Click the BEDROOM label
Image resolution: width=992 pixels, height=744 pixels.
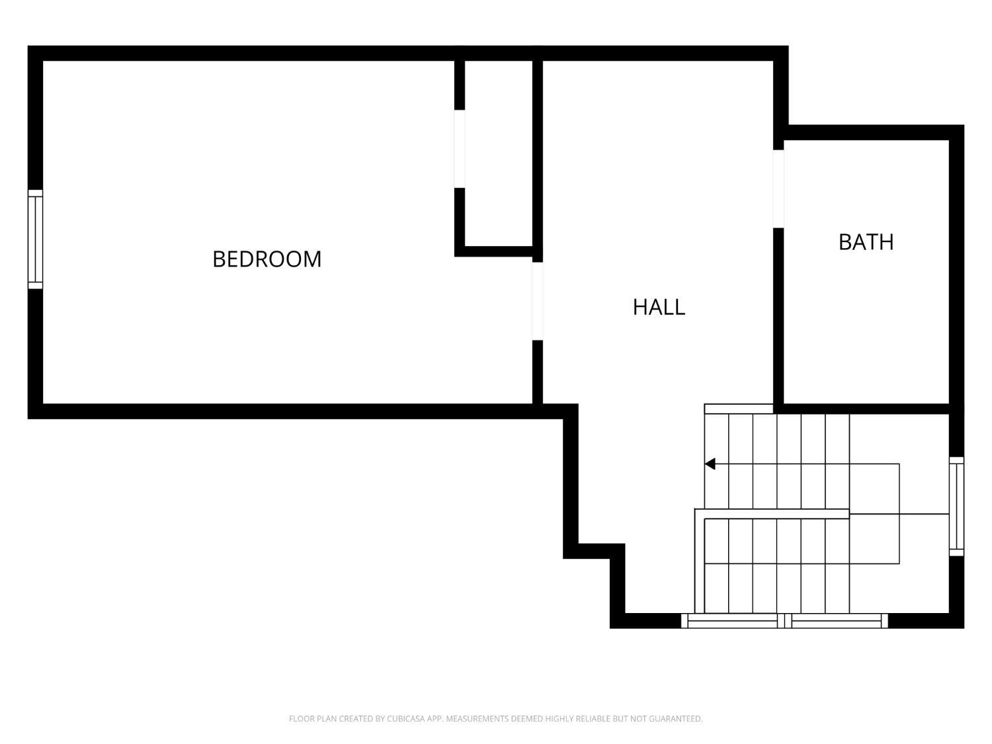[267, 259]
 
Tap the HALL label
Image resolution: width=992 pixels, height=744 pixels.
[659, 307]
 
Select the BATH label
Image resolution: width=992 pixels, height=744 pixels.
[866, 242]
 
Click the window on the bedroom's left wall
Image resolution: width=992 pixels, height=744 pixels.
[35, 239]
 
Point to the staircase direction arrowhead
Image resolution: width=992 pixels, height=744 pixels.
[710, 464]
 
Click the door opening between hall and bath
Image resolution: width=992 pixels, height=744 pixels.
[778, 189]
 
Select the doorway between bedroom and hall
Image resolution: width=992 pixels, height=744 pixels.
[538, 302]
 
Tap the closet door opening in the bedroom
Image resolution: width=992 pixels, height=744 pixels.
[459, 149]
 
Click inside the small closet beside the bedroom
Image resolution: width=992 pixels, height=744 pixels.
[499, 153]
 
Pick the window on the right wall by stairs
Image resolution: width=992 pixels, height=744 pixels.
[956, 507]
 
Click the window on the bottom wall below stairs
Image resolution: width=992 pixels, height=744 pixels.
[784, 621]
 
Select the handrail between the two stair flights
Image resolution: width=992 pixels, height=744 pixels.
[772, 514]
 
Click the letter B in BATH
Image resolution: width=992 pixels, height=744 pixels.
[845, 242]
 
